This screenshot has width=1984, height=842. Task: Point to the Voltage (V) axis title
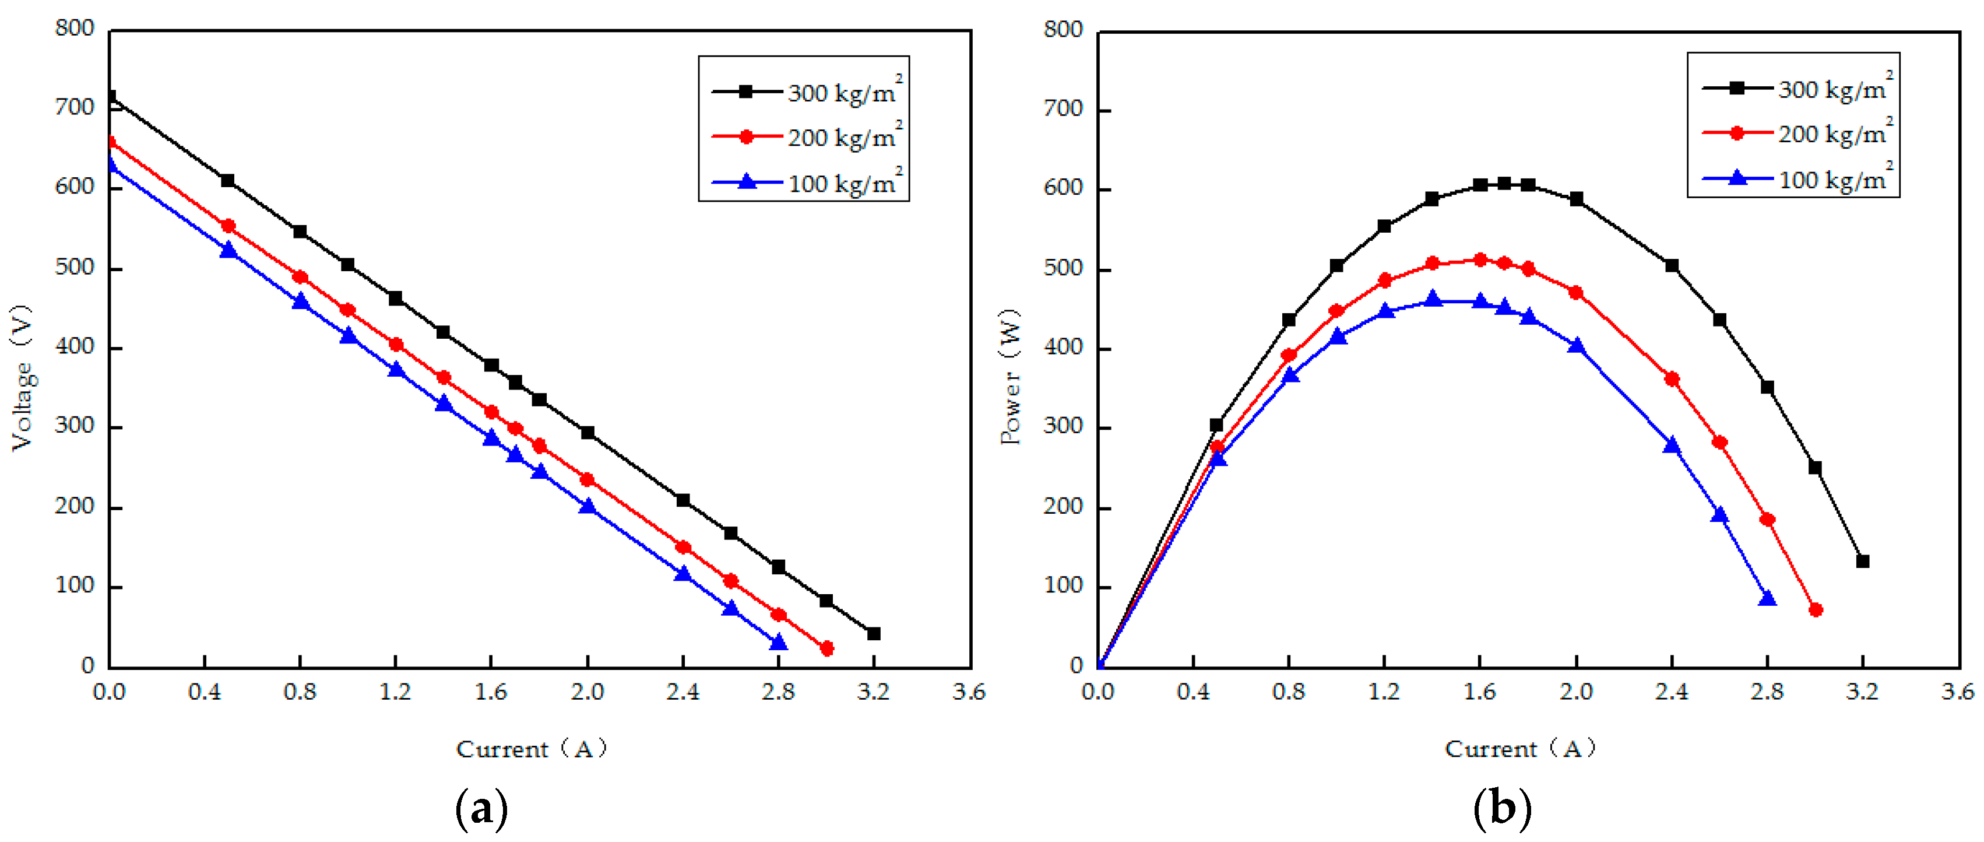[22, 377]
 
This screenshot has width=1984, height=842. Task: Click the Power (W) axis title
[1011, 377]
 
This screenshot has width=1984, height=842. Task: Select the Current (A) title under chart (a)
[532, 749]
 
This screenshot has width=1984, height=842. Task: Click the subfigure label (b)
[1502, 809]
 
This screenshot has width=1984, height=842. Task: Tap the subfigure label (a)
[481, 809]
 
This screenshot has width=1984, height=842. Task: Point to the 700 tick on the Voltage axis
[74, 107]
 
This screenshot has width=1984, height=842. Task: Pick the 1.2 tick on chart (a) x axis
[395, 692]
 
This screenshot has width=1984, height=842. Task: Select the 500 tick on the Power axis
[1063, 269]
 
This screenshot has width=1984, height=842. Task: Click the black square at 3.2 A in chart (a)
[873, 633]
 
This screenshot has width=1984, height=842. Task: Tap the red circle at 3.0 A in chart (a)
[826, 648]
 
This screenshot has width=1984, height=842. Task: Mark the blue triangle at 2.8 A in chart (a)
[779, 642]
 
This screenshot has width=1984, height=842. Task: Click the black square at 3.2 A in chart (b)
[1862, 561]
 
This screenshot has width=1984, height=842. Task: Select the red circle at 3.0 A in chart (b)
[1816, 609]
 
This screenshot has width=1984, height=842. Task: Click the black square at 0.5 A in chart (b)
[1216, 424]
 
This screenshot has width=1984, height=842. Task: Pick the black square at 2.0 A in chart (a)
[588, 432]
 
